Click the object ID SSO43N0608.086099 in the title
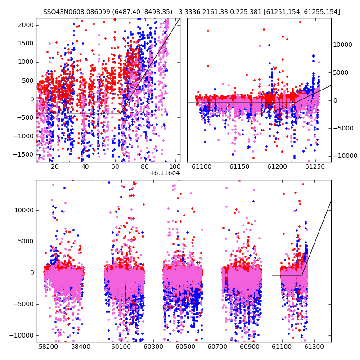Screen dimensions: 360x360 tap(76, 12)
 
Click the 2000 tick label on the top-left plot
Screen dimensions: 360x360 tap(26, 25)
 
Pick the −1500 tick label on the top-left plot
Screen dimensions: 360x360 tap(24, 154)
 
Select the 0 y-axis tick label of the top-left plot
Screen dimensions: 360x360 tap(32, 99)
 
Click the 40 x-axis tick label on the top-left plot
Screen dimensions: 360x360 tap(85, 166)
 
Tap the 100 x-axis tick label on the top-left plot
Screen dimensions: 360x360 tap(175, 166)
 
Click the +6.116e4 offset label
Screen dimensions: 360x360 tap(165, 173)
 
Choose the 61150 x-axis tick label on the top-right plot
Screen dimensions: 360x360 tap(240, 166)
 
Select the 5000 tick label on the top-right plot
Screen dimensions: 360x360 tap(341, 72)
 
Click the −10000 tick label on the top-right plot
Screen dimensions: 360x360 tap(345, 156)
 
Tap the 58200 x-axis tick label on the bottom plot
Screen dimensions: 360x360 tap(49, 346)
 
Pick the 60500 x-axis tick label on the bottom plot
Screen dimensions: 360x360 tap(185, 346)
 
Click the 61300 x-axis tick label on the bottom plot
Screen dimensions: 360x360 tap(314, 346)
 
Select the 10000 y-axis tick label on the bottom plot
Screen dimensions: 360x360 tap(24, 210)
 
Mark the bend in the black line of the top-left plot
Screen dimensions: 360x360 tap(120, 114)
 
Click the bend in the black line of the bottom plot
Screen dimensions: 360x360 tap(301, 275)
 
